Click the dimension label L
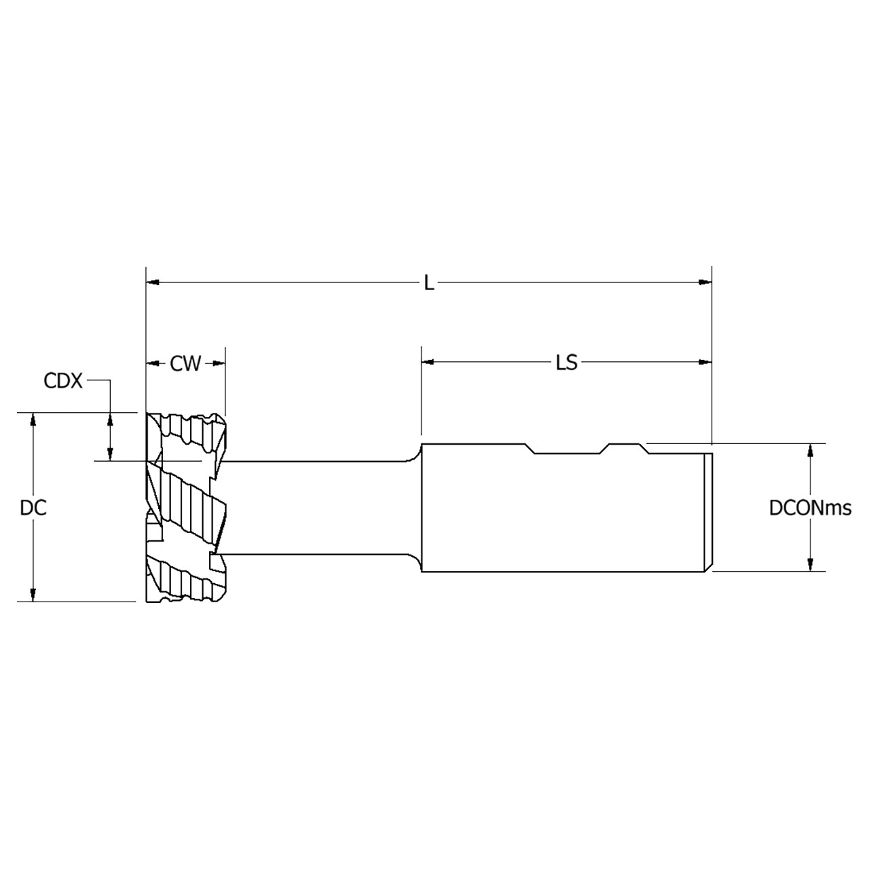[428, 283]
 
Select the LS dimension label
[566, 363]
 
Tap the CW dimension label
[185, 364]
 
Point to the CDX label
[62, 381]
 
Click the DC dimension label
[33, 508]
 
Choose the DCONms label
[810, 508]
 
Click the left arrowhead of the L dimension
[153, 281]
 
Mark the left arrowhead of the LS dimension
[428, 363]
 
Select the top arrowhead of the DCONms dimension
[810, 450]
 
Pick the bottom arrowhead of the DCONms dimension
[810, 565]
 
